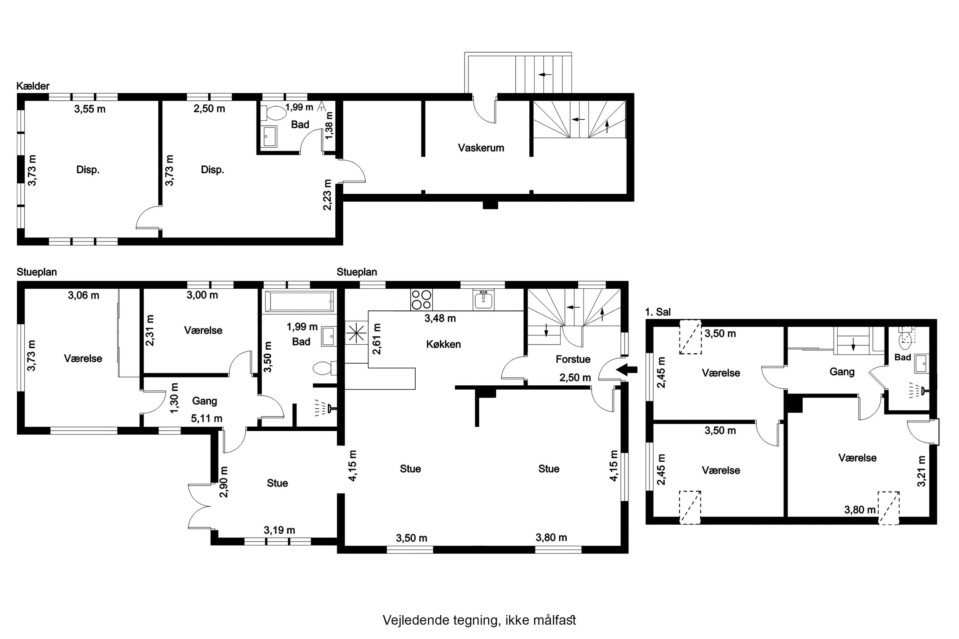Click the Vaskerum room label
click(481, 147)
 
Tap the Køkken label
click(443, 344)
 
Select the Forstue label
click(573, 360)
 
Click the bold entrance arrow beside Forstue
click(626, 369)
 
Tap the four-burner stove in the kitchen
click(422, 299)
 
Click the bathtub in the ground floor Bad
click(300, 302)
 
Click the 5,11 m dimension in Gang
click(207, 418)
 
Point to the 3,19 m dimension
click(279, 530)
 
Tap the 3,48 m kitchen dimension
click(440, 318)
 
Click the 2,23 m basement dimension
click(327, 195)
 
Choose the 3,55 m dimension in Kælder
click(90, 109)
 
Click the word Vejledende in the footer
click(416, 620)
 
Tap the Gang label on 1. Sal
click(842, 372)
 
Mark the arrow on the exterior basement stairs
click(545, 74)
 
